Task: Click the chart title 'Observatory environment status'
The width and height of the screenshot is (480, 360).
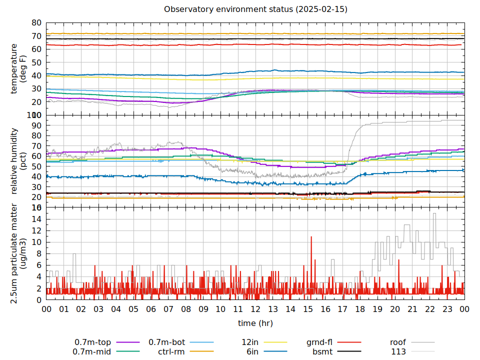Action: (x=255, y=9)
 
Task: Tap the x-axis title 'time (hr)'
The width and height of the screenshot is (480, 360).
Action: (x=255, y=323)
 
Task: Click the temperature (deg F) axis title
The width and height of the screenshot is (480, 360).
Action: (x=18, y=69)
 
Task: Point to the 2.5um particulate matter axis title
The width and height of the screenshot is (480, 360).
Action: (x=18, y=253)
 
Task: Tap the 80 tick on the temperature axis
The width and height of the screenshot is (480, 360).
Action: (x=36, y=23)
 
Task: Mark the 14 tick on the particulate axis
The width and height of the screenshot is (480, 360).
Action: (x=36, y=219)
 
